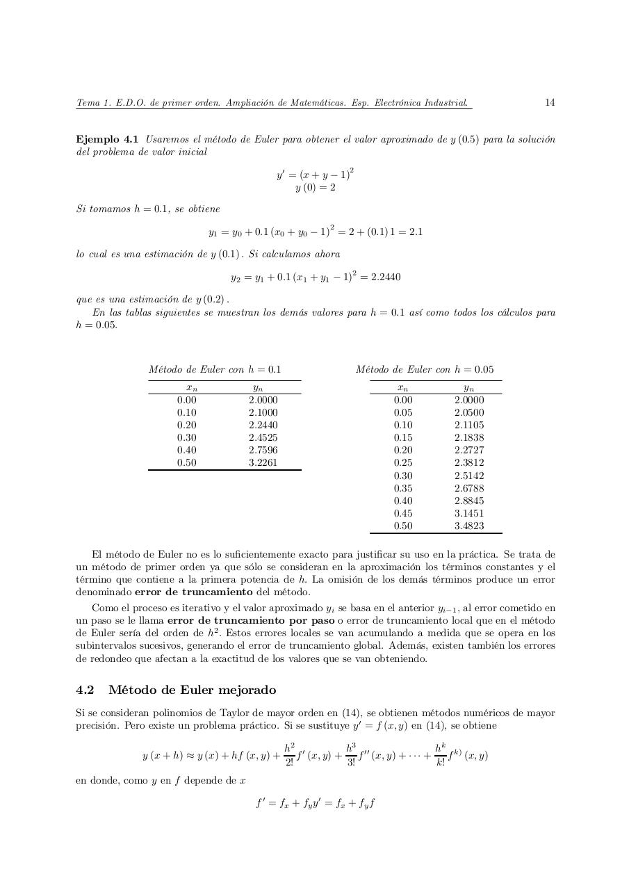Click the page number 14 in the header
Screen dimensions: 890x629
click(549, 103)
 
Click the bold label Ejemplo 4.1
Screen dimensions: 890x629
click(107, 140)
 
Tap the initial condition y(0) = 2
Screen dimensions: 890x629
click(315, 188)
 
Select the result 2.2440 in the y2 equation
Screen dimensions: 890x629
click(386, 277)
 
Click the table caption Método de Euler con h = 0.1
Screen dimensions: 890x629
click(214, 370)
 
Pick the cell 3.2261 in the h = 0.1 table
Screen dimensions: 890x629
click(263, 463)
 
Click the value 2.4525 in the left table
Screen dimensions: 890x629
click(263, 438)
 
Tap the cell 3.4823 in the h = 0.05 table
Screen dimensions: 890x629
click(469, 526)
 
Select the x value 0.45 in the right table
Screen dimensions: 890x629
click(402, 514)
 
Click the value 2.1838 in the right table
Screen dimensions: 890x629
click(469, 438)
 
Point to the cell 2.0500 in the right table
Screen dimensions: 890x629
click(469, 413)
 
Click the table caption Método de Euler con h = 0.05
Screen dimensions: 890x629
click(424, 370)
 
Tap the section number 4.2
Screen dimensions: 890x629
click(85, 690)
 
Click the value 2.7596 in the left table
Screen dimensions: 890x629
click(263, 451)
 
